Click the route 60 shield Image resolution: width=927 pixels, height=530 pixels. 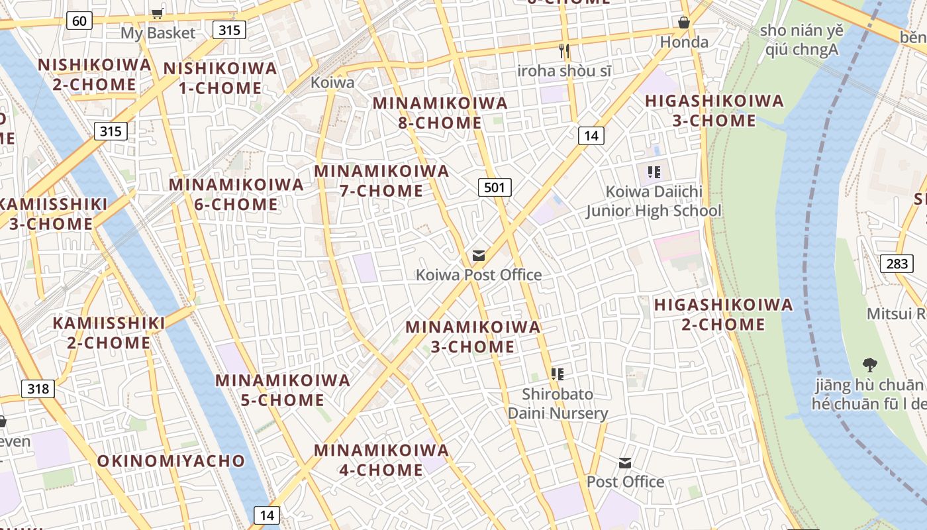tap(79, 21)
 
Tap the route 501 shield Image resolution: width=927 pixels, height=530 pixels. tap(495, 187)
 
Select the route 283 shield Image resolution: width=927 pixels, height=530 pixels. tap(897, 264)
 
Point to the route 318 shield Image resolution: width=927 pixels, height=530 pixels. tap(38, 388)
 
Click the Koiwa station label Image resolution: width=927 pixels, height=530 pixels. tap(332, 83)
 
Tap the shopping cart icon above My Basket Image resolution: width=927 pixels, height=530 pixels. tap(157, 13)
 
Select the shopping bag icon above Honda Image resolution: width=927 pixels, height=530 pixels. tap(684, 23)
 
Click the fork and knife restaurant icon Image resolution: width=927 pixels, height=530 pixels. tap(564, 50)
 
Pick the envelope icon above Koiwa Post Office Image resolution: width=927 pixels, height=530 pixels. tap(478, 256)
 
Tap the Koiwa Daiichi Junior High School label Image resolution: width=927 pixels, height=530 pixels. tap(653, 201)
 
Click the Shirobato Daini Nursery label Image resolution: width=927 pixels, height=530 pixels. tap(558, 403)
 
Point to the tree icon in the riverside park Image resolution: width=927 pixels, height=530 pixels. tap(869, 364)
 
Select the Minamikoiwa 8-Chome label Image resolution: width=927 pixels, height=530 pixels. tap(440, 113)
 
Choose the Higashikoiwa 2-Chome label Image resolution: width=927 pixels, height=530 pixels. tap(723, 314)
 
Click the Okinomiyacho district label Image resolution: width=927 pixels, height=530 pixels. tap(171, 460)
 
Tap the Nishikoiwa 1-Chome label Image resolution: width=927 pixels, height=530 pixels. tap(220, 78)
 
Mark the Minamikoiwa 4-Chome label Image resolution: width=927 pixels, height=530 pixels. tap(381, 460)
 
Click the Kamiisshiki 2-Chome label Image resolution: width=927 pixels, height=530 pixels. tap(109, 333)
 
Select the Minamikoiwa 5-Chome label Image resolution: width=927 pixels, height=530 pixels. tap(283, 390)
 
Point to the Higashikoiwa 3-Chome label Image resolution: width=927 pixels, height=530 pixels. tap(714, 111)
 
